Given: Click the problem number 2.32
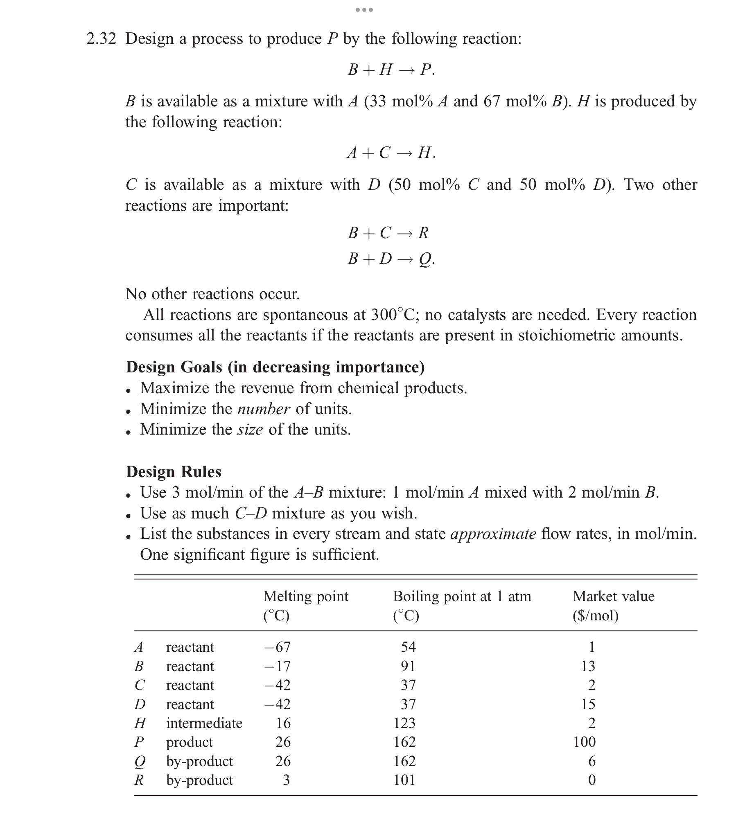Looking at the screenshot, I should (x=101, y=39).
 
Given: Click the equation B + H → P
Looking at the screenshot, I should (x=391, y=70).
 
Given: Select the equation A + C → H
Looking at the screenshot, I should (x=391, y=153).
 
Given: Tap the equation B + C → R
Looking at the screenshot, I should (x=388, y=233).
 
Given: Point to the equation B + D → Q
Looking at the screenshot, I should (x=391, y=259).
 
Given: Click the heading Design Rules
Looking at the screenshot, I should (x=173, y=471).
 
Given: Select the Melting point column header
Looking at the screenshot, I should (x=305, y=596).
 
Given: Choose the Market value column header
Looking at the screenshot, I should (x=613, y=596).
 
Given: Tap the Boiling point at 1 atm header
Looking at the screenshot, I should (x=462, y=596).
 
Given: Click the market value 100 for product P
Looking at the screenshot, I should (x=584, y=742).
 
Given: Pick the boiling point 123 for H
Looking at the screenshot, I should (x=404, y=723).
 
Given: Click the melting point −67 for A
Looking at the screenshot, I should (x=277, y=647).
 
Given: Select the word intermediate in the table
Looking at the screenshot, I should (x=204, y=723).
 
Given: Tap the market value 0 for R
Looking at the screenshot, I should (x=591, y=780).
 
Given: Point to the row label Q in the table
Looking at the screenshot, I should (x=140, y=762).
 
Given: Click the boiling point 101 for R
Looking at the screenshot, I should (x=404, y=780).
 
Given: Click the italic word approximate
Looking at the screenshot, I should (x=493, y=534).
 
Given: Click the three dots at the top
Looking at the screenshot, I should (x=364, y=9).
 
